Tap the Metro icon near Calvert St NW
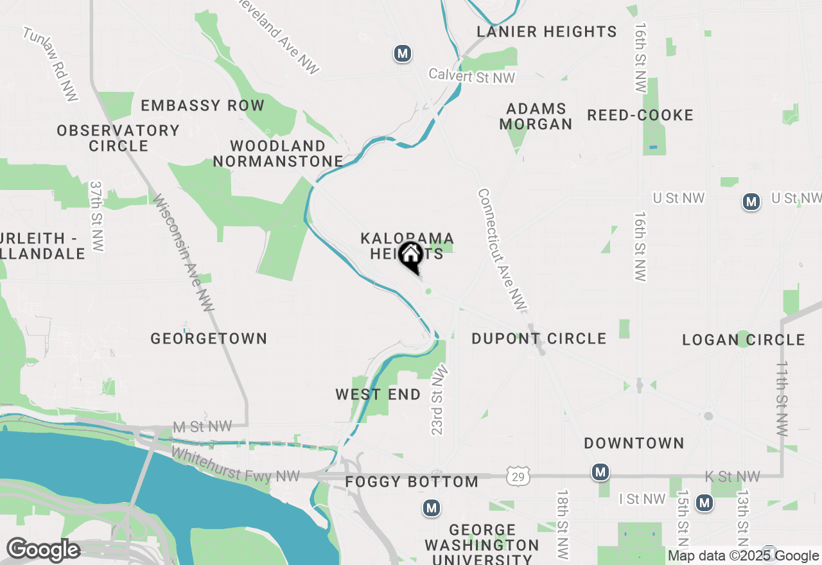(x=403, y=53)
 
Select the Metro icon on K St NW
(x=600, y=473)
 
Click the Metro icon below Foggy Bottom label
(x=432, y=509)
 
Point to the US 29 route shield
(x=517, y=476)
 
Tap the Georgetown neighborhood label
(x=209, y=338)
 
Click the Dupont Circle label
(x=539, y=338)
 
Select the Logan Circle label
(x=744, y=340)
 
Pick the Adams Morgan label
(x=536, y=116)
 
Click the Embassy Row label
(x=202, y=105)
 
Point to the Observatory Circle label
(x=118, y=138)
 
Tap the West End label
(x=378, y=394)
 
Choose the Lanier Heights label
(x=547, y=31)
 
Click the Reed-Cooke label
(x=640, y=115)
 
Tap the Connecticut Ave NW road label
(x=502, y=250)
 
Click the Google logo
(x=43, y=550)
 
